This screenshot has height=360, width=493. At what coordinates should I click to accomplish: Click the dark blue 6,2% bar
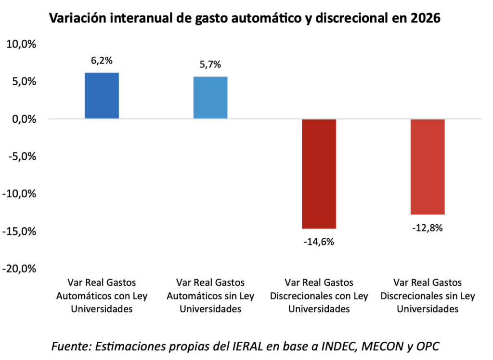point(102,95)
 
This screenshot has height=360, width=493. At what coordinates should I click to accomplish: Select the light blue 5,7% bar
point(210,97)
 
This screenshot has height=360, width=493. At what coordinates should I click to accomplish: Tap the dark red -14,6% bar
point(319,173)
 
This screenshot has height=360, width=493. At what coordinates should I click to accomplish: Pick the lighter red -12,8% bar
point(428,167)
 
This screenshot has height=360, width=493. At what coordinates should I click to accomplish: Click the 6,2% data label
point(102,61)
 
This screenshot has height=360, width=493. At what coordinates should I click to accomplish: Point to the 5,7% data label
point(210,64)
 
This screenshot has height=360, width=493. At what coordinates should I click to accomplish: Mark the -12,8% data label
point(428,228)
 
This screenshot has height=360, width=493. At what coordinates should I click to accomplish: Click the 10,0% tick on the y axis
point(21,44)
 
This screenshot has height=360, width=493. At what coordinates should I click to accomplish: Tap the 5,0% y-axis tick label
point(23,81)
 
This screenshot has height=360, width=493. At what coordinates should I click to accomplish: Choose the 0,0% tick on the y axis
point(23,119)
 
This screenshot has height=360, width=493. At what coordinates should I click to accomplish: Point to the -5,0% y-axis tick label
point(22,156)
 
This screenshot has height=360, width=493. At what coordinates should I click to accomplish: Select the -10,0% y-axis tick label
point(19,194)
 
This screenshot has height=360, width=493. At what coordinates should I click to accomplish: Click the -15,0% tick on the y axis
point(19,231)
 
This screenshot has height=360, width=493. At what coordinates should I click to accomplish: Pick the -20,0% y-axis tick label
point(19,269)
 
